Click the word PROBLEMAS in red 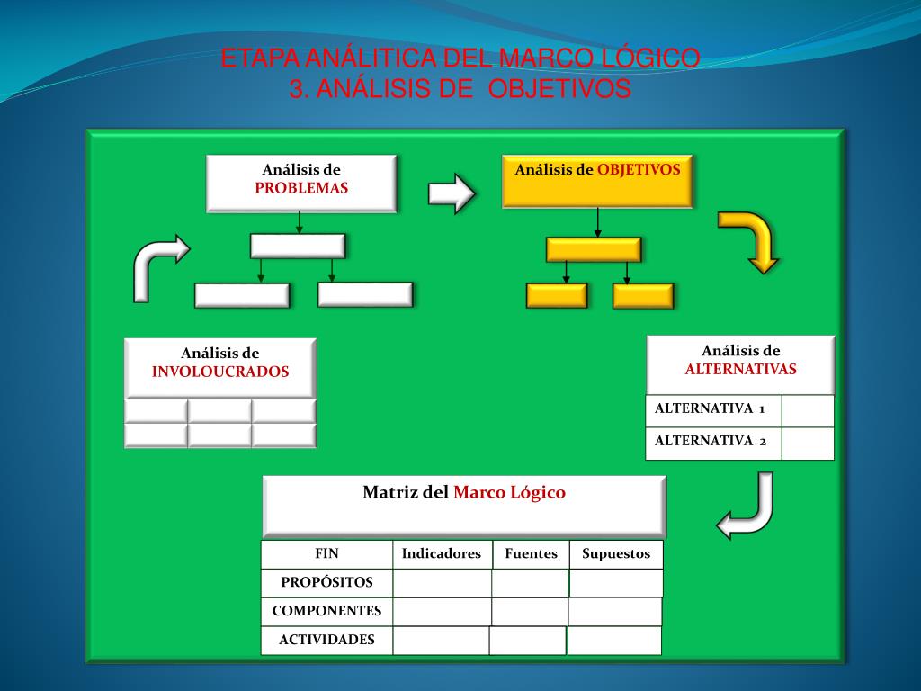(x=301, y=188)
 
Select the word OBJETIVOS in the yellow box (x=639, y=169)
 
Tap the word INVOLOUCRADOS (x=220, y=372)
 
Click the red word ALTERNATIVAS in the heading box (x=740, y=369)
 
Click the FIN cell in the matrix (x=326, y=554)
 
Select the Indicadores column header (x=442, y=554)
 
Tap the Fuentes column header (x=531, y=554)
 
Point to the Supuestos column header (x=616, y=554)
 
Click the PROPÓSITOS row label (x=326, y=582)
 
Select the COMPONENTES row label (x=326, y=611)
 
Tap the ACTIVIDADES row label (x=326, y=641)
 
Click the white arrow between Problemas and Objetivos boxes (x=451, y=193)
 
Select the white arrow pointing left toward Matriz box (x=747, y=513)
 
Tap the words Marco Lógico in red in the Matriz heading (x=509, y=492)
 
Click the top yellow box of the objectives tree (x=594, y=249)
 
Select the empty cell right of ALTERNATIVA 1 (x=808, y=410)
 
